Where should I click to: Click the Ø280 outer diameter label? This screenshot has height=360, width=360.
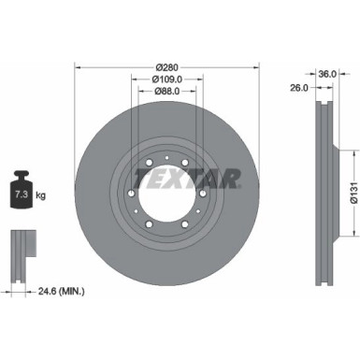167,67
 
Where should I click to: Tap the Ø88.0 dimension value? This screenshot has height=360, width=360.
167,91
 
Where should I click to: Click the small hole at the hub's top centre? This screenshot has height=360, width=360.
166,156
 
